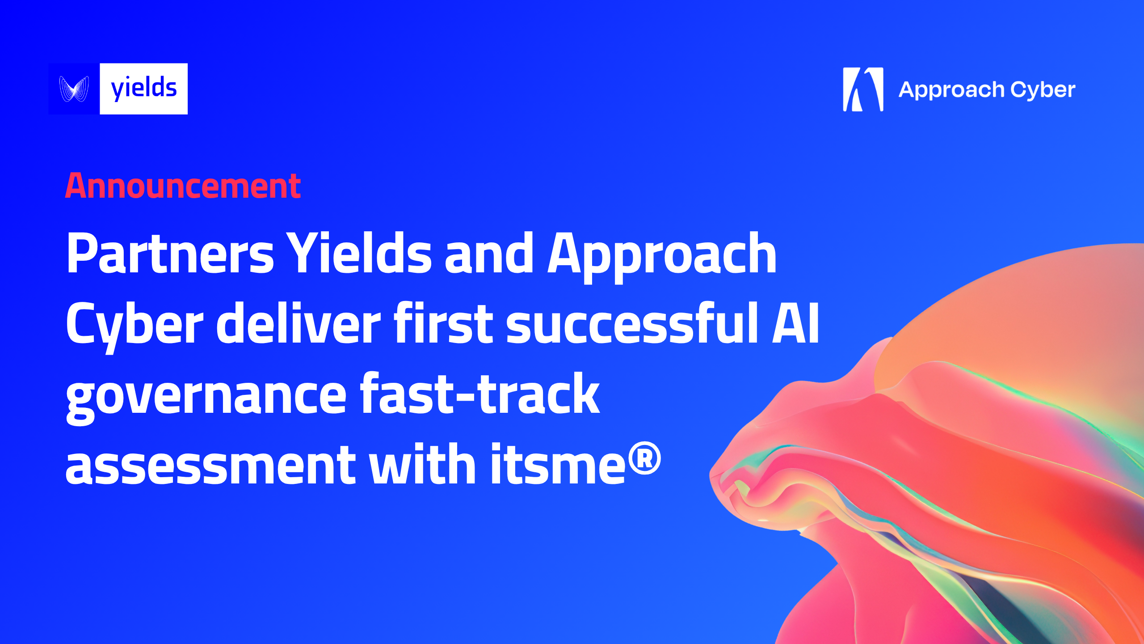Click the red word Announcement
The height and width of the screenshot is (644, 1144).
(183, 186)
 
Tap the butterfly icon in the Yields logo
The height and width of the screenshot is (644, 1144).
(74, 89)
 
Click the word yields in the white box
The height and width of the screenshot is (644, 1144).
(143, 89)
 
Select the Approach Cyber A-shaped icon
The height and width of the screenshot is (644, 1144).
(863, 89)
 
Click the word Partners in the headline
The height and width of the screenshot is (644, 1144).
(170, 254)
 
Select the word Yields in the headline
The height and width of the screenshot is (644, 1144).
(358, 254)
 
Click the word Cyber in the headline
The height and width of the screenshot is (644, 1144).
(134, 324)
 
